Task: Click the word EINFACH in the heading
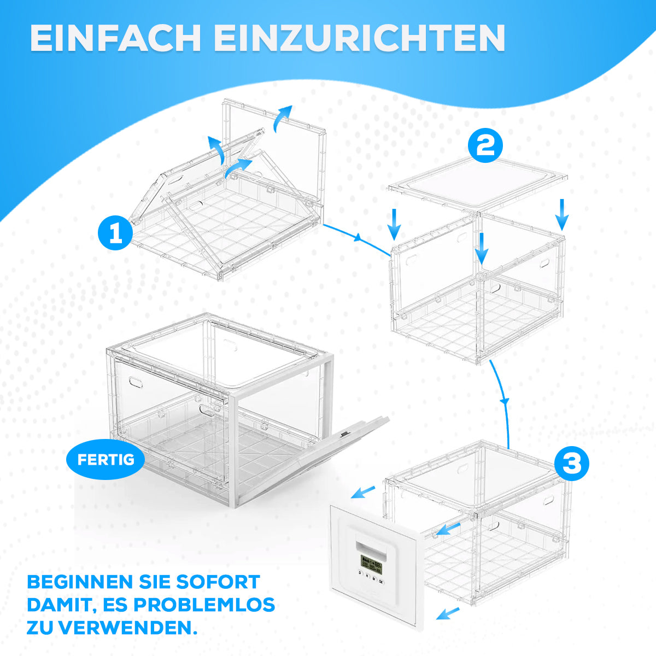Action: pyautogui.click(x=115, y=38)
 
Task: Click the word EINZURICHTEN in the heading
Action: pyautogui.click(x=360, y=38)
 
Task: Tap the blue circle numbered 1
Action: pyautogui.click(x=115, y=233)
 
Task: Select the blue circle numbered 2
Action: pyautogui.click(x=485, y=145)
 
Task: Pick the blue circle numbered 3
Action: pyautogui.click(x=572, y=464)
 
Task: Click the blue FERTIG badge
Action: pyautogui.click(x=106, y=460)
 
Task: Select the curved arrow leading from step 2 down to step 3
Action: pyautogui.click(x=503, y=402)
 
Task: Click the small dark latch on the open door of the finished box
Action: pyautogui.click(x=344, y=434)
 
